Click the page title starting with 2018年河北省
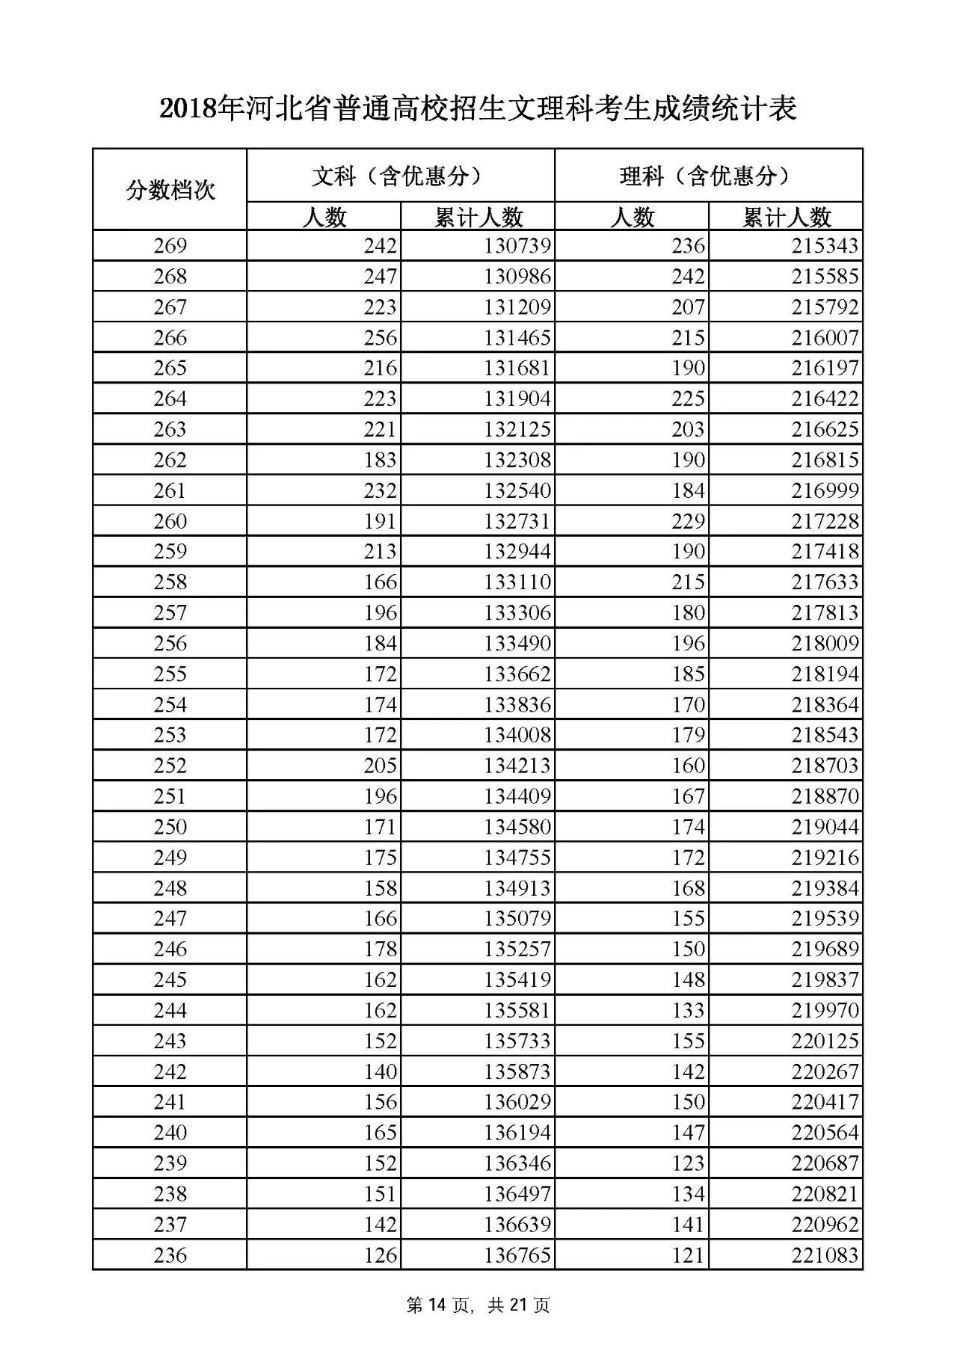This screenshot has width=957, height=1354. tap(478, 109)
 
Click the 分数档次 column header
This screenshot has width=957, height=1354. tap(170, 190)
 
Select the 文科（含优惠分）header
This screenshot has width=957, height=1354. tap(400, 176)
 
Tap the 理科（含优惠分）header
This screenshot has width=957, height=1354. tap(708, 176)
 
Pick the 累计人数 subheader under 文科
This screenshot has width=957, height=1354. tap(478, 217)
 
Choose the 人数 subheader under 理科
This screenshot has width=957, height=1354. tap(633, 217)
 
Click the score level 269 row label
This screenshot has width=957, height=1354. tap(170, 246)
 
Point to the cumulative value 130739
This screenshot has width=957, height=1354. tap(517, 246)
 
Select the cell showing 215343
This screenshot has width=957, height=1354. tap(825, 246)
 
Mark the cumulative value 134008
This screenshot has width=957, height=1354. tap(517, 735)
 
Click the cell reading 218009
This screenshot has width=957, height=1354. tap(825, 644)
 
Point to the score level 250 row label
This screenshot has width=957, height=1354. tap(170, 827)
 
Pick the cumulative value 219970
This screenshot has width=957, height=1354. tap(825, 1010)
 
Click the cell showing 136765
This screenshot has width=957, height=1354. tap(517, 1255)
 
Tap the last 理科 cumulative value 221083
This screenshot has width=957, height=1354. tap(825, 1255)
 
